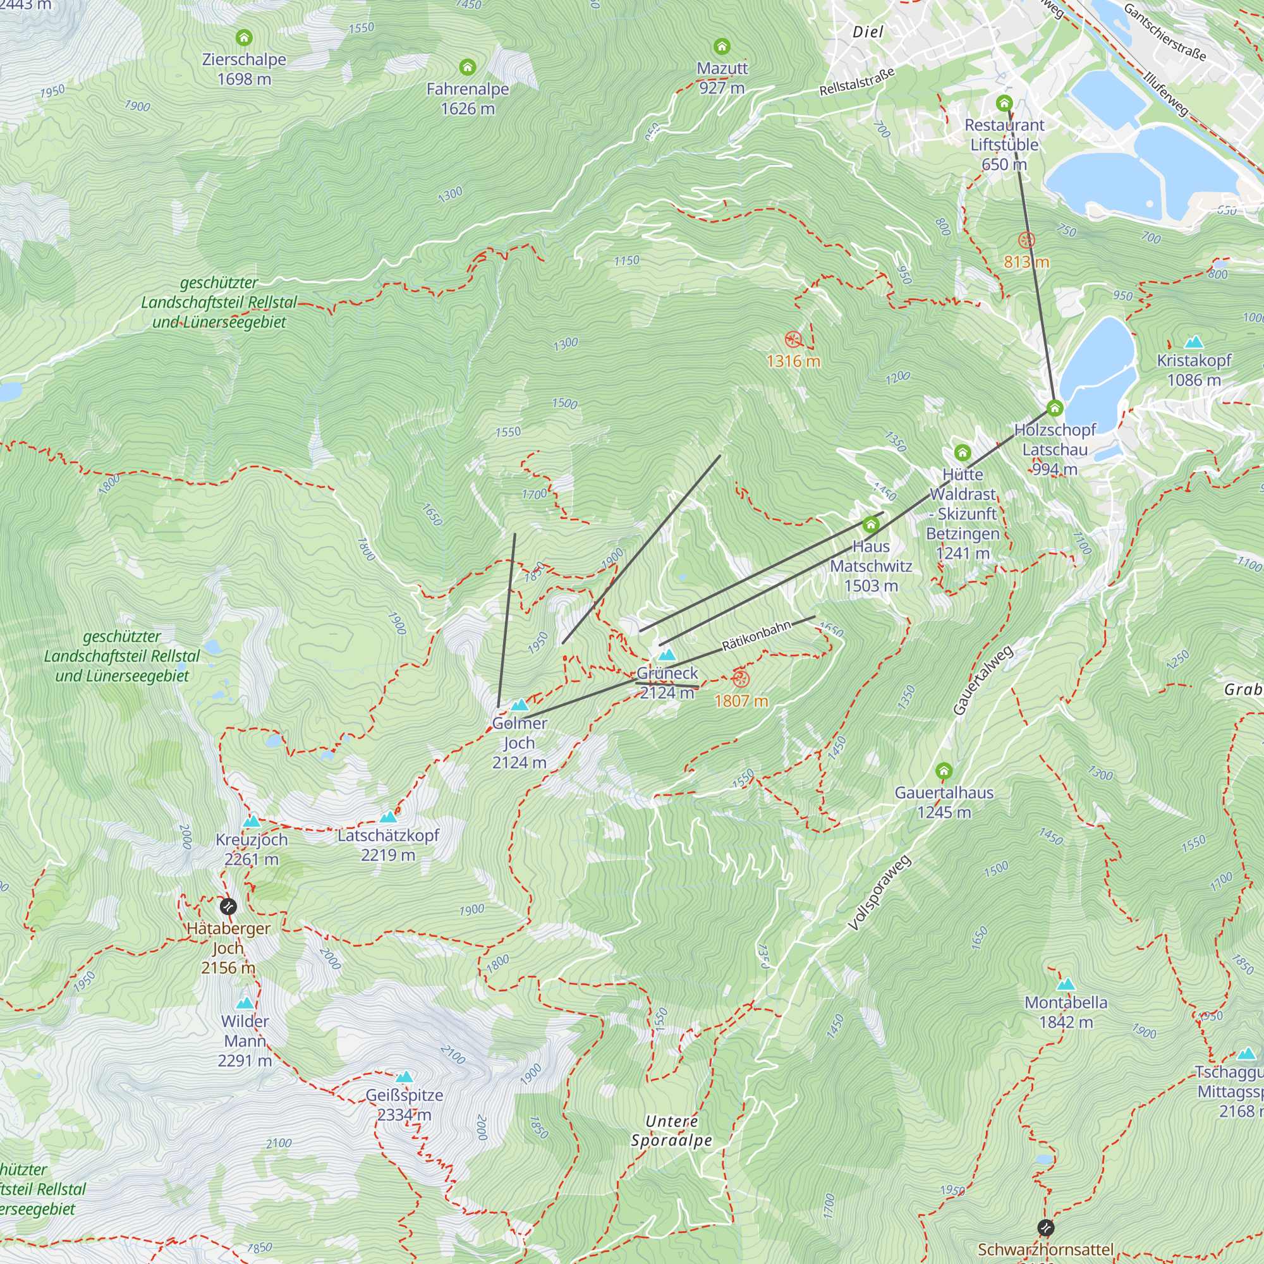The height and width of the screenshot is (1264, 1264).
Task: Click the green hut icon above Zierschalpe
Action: coord(244,37)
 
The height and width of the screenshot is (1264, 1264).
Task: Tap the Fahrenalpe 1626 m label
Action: coord(467,99)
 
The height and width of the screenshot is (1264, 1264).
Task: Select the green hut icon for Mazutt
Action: coord(722,46)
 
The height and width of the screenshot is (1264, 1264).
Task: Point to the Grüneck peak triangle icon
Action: coord(667,654)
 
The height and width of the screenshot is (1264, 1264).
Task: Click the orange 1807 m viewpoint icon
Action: coord(740,678)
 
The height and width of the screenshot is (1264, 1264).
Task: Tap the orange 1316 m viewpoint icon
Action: coord(793,339)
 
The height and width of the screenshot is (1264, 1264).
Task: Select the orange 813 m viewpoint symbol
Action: coord(1026,240)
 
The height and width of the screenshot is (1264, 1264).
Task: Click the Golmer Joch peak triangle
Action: coord(520,705)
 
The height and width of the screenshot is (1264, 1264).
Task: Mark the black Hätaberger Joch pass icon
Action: coord(228,906)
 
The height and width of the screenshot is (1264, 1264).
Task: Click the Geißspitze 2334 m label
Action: coord(404,1104)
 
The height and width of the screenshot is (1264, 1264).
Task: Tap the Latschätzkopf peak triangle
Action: coord(389,817)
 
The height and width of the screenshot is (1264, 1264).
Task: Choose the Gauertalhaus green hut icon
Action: coord(944,770)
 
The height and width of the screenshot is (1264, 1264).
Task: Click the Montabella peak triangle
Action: coord(1066,984)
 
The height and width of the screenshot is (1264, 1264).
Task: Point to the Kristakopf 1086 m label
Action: coord(1193,370)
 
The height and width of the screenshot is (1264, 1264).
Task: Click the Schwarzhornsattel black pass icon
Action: coord(1045,1227)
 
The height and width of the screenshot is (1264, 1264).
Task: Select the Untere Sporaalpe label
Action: coord(671,1131)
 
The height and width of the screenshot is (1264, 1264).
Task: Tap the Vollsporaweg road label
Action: coord(878,893)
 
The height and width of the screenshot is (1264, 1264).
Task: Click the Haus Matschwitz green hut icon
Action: coord(870,524)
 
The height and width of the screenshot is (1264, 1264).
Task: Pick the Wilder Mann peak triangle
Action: coord(245,1003)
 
